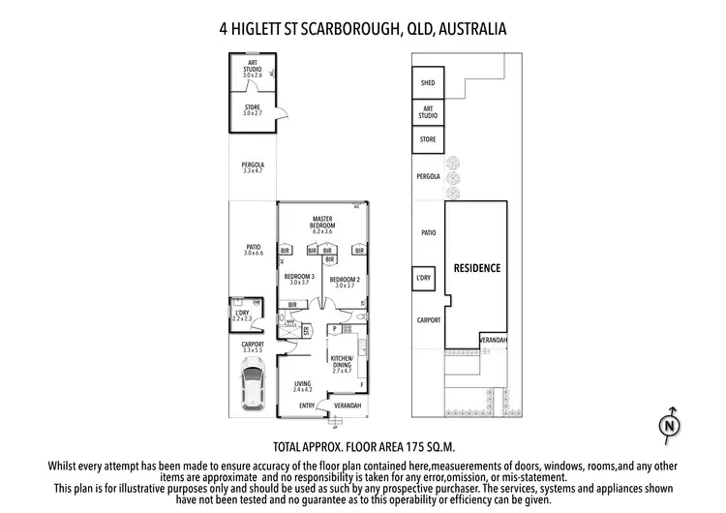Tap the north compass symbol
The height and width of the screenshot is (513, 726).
(666, 423)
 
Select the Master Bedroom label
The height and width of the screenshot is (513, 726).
(322, 225)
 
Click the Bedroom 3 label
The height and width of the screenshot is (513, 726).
(299, 281)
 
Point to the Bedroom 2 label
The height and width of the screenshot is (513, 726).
(345, 281)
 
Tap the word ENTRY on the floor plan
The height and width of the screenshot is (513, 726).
(307, 406)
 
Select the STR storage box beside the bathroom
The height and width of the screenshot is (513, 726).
(306, 331)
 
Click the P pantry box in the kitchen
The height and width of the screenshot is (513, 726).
(334, 329)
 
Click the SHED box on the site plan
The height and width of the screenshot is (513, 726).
(427, 83)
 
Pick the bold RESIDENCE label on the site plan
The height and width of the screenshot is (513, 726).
(477, 267)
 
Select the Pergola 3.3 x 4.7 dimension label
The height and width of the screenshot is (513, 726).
(253, 167)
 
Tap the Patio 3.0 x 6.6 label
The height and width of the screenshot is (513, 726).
(254, 250)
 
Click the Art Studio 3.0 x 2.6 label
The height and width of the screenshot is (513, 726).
(253, 69)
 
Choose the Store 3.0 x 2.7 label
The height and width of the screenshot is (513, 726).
(253, 110)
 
